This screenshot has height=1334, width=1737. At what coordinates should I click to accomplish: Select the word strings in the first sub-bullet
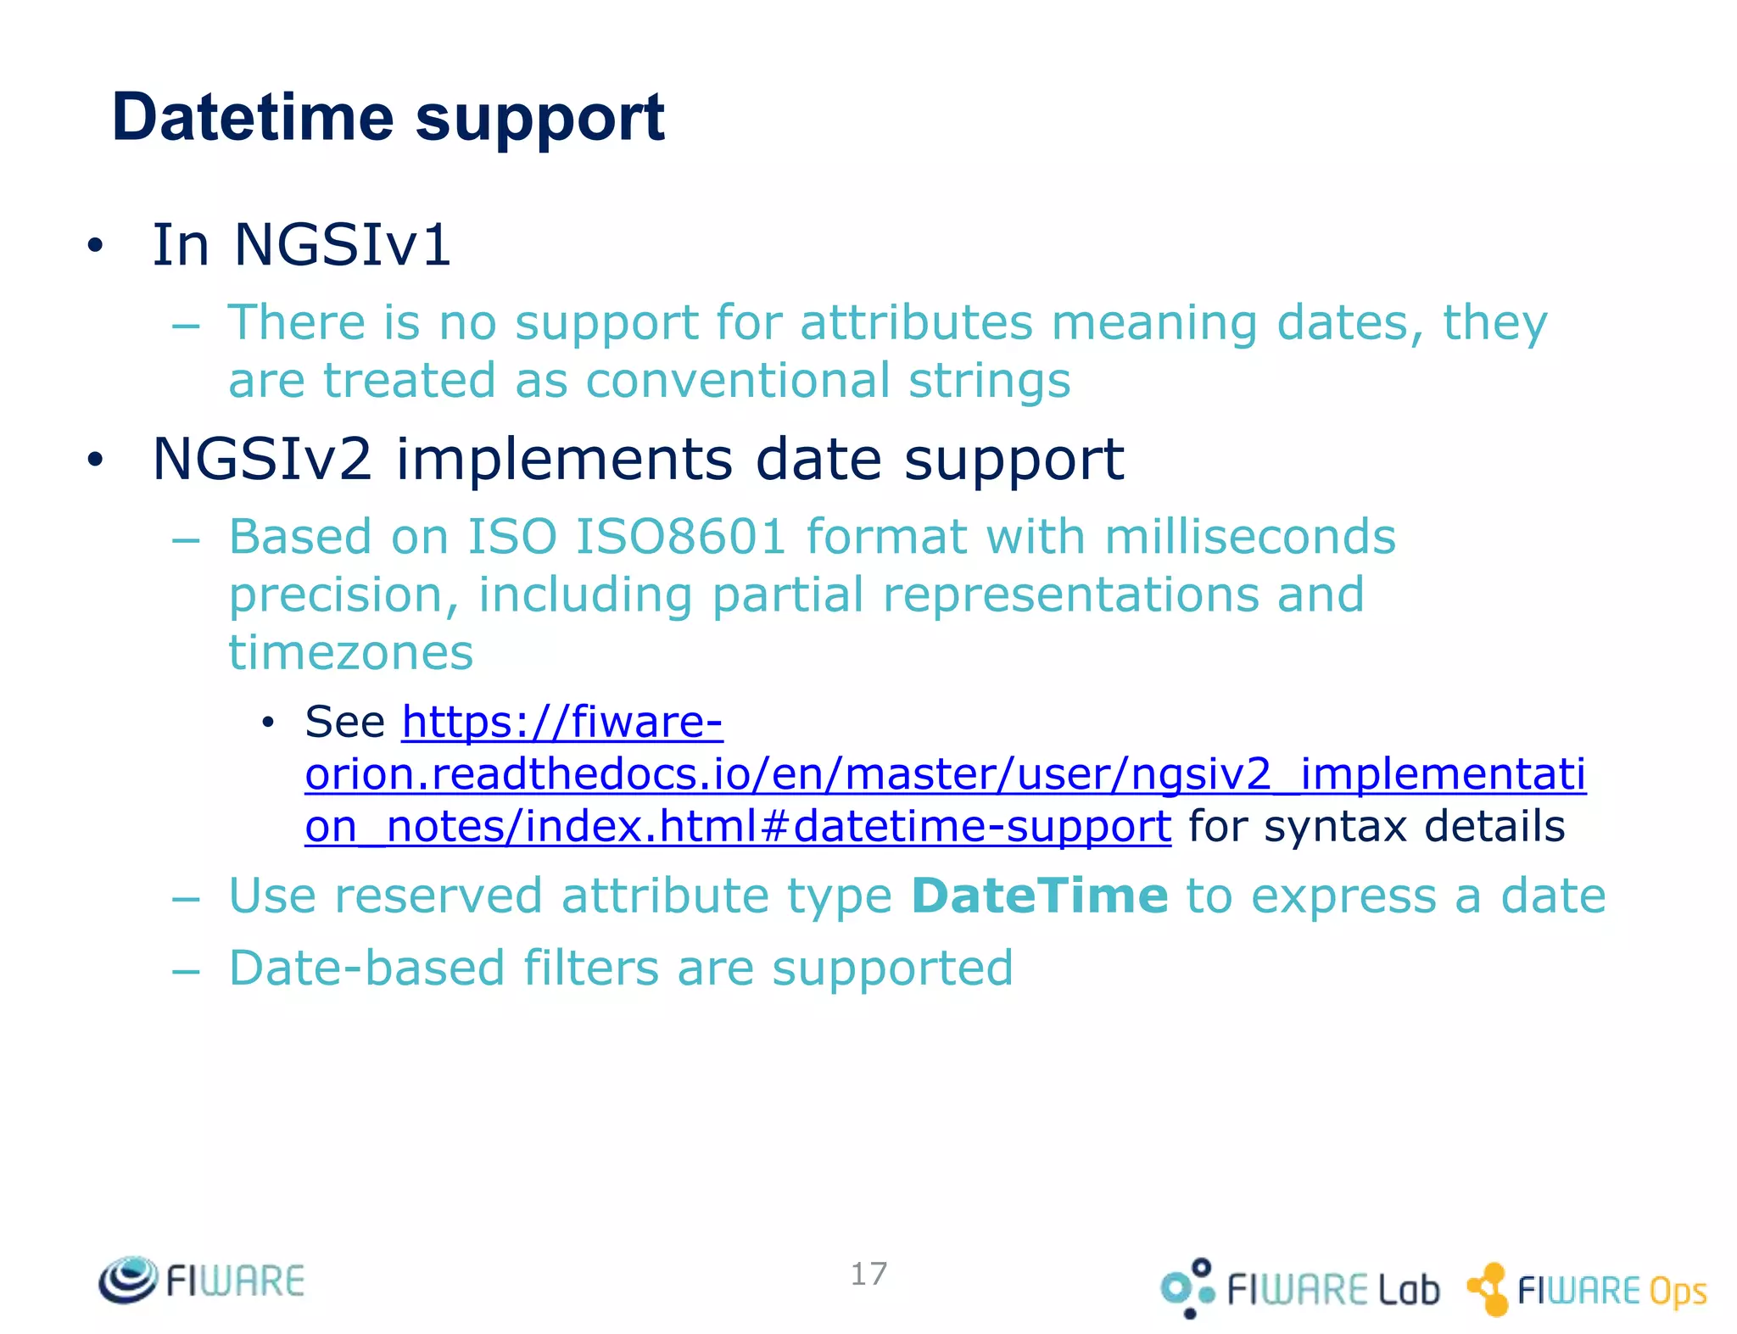tap(989, 381)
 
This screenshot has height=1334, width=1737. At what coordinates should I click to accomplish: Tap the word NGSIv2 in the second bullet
tap(262, 459)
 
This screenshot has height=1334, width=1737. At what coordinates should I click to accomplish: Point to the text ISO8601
tap(681, 537)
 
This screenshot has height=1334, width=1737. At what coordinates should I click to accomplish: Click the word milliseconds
tap(1249, 537)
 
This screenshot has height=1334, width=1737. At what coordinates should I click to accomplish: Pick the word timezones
tap(351, 652)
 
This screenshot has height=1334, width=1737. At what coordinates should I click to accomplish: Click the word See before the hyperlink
tap(345, 723)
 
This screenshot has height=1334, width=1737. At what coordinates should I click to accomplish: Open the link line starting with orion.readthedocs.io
tap(945, 774)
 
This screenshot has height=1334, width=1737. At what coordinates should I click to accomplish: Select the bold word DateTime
tap(1040, 896)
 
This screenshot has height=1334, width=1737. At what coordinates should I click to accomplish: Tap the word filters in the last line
tap(590, 968)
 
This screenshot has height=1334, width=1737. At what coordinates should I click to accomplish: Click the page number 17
tap(868, 1273)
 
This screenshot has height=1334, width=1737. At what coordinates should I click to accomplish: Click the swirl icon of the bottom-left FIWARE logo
tap(128, 1279)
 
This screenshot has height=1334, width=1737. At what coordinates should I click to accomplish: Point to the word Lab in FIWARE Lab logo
tap(1408, 1290)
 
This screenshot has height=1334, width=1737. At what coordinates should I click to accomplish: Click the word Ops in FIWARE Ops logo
tap(1677, 1292)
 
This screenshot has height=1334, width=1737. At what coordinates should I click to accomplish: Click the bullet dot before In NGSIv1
tap(95, 246)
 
